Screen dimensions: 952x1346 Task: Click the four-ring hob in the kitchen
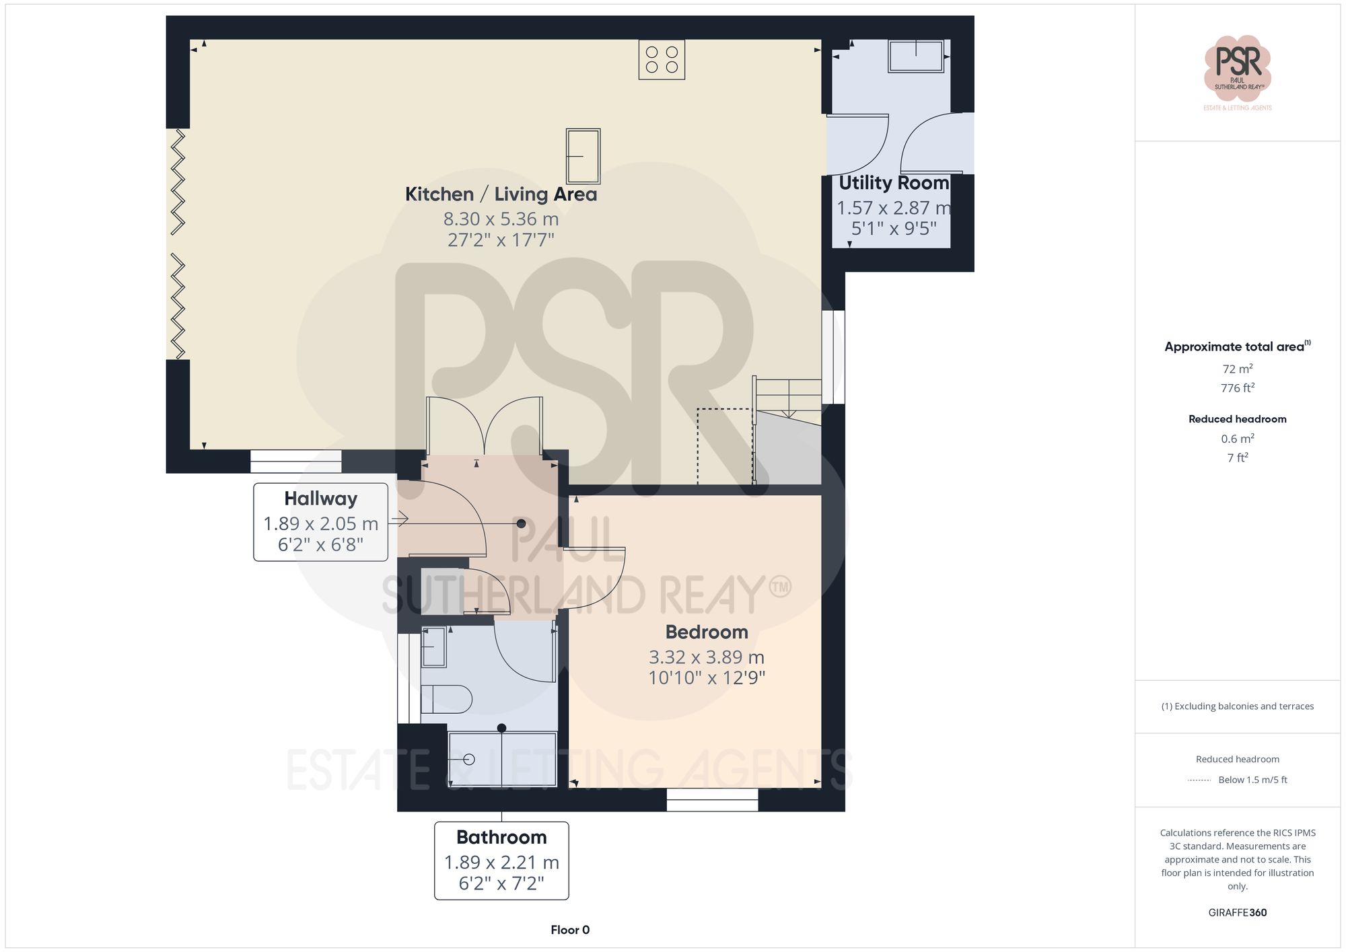[x=662, y=59]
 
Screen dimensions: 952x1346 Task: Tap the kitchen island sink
[x=583, y=156]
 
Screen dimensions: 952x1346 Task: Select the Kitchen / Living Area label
[x=501, y=194]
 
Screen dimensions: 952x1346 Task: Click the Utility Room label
[x=893, y=183]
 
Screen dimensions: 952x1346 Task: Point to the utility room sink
[x=915, y=56]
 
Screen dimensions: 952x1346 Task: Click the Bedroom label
[x=707, y=632]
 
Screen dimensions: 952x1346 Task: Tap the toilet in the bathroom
[x=446, y=699]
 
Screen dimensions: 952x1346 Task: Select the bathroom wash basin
[x=434, y=647]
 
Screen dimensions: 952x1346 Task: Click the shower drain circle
[x=469, y=760]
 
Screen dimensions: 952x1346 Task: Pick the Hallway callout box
[x=320, y=521]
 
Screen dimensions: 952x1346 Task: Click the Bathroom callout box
[x=501, y=860]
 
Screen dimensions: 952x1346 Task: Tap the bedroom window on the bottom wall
[x=712, y=799]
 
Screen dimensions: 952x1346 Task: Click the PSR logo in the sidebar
[x=1237, y=68]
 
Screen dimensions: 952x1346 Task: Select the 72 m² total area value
[x=1237, y=369]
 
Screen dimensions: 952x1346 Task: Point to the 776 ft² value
[x=1237, y=388]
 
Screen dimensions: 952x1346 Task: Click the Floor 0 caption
[x=569, y=930]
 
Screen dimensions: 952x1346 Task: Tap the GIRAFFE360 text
[x=1237, y=912]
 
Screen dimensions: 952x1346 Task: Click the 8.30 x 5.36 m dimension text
[x=501, y=219]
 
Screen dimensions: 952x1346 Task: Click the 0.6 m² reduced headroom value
[x=1237, y=439]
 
